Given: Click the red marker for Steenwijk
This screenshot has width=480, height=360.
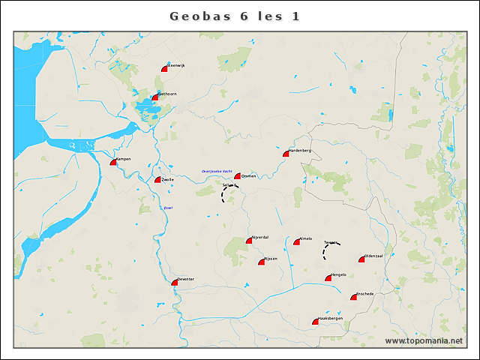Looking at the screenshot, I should pos(164,68).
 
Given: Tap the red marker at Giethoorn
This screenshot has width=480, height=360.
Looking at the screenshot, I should pos(155,97).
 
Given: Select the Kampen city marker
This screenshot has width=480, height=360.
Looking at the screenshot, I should pos(114,162).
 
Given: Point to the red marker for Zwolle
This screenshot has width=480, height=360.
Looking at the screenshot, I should pos(158,180).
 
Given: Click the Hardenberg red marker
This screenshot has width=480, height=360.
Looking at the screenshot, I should pos(286,154).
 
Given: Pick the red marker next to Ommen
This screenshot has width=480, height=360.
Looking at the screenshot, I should pos(238,177).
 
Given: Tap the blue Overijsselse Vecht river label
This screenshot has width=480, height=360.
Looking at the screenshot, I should pos(216,172).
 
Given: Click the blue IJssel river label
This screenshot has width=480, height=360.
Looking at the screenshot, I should pos(168,208).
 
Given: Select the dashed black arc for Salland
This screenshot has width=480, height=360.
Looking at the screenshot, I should pos(224,194).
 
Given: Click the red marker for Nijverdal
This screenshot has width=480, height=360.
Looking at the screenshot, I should pos(249,241).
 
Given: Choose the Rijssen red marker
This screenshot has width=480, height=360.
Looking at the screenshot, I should pos(262,262).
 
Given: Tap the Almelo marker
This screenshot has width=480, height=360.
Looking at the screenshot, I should pos(297,241).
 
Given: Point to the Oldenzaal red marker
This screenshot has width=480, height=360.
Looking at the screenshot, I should pos(361,259).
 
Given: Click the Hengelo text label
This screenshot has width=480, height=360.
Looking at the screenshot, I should pos(339,274).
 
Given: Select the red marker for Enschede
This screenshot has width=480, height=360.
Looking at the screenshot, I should pos(354,297).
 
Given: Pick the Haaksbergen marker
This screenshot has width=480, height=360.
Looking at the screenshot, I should pos(316,322).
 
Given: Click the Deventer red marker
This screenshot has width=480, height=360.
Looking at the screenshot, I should pos(175,283).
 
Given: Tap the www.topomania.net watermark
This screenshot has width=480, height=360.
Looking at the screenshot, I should pos(424,340).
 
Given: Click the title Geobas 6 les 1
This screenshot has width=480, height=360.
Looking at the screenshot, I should pos(235,16).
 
